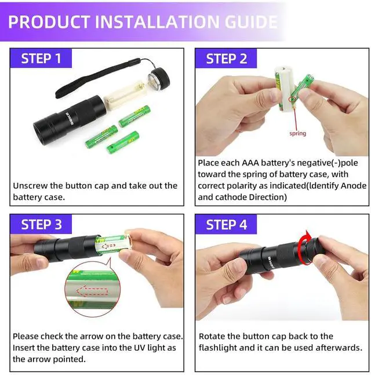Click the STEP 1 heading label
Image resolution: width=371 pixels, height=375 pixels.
tap(41, 59)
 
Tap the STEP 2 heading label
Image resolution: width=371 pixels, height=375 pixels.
tap(227, 59)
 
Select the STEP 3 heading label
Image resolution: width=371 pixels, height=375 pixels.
tap(41, 225)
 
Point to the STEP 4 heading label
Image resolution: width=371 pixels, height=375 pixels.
tap(227, 225)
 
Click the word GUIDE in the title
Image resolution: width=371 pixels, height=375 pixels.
tap(251, 21)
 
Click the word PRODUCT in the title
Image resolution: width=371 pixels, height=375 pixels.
tap(49, 21)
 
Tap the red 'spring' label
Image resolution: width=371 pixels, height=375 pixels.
tap(297, 134)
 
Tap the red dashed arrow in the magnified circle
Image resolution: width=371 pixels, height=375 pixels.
tap(92, 291)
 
